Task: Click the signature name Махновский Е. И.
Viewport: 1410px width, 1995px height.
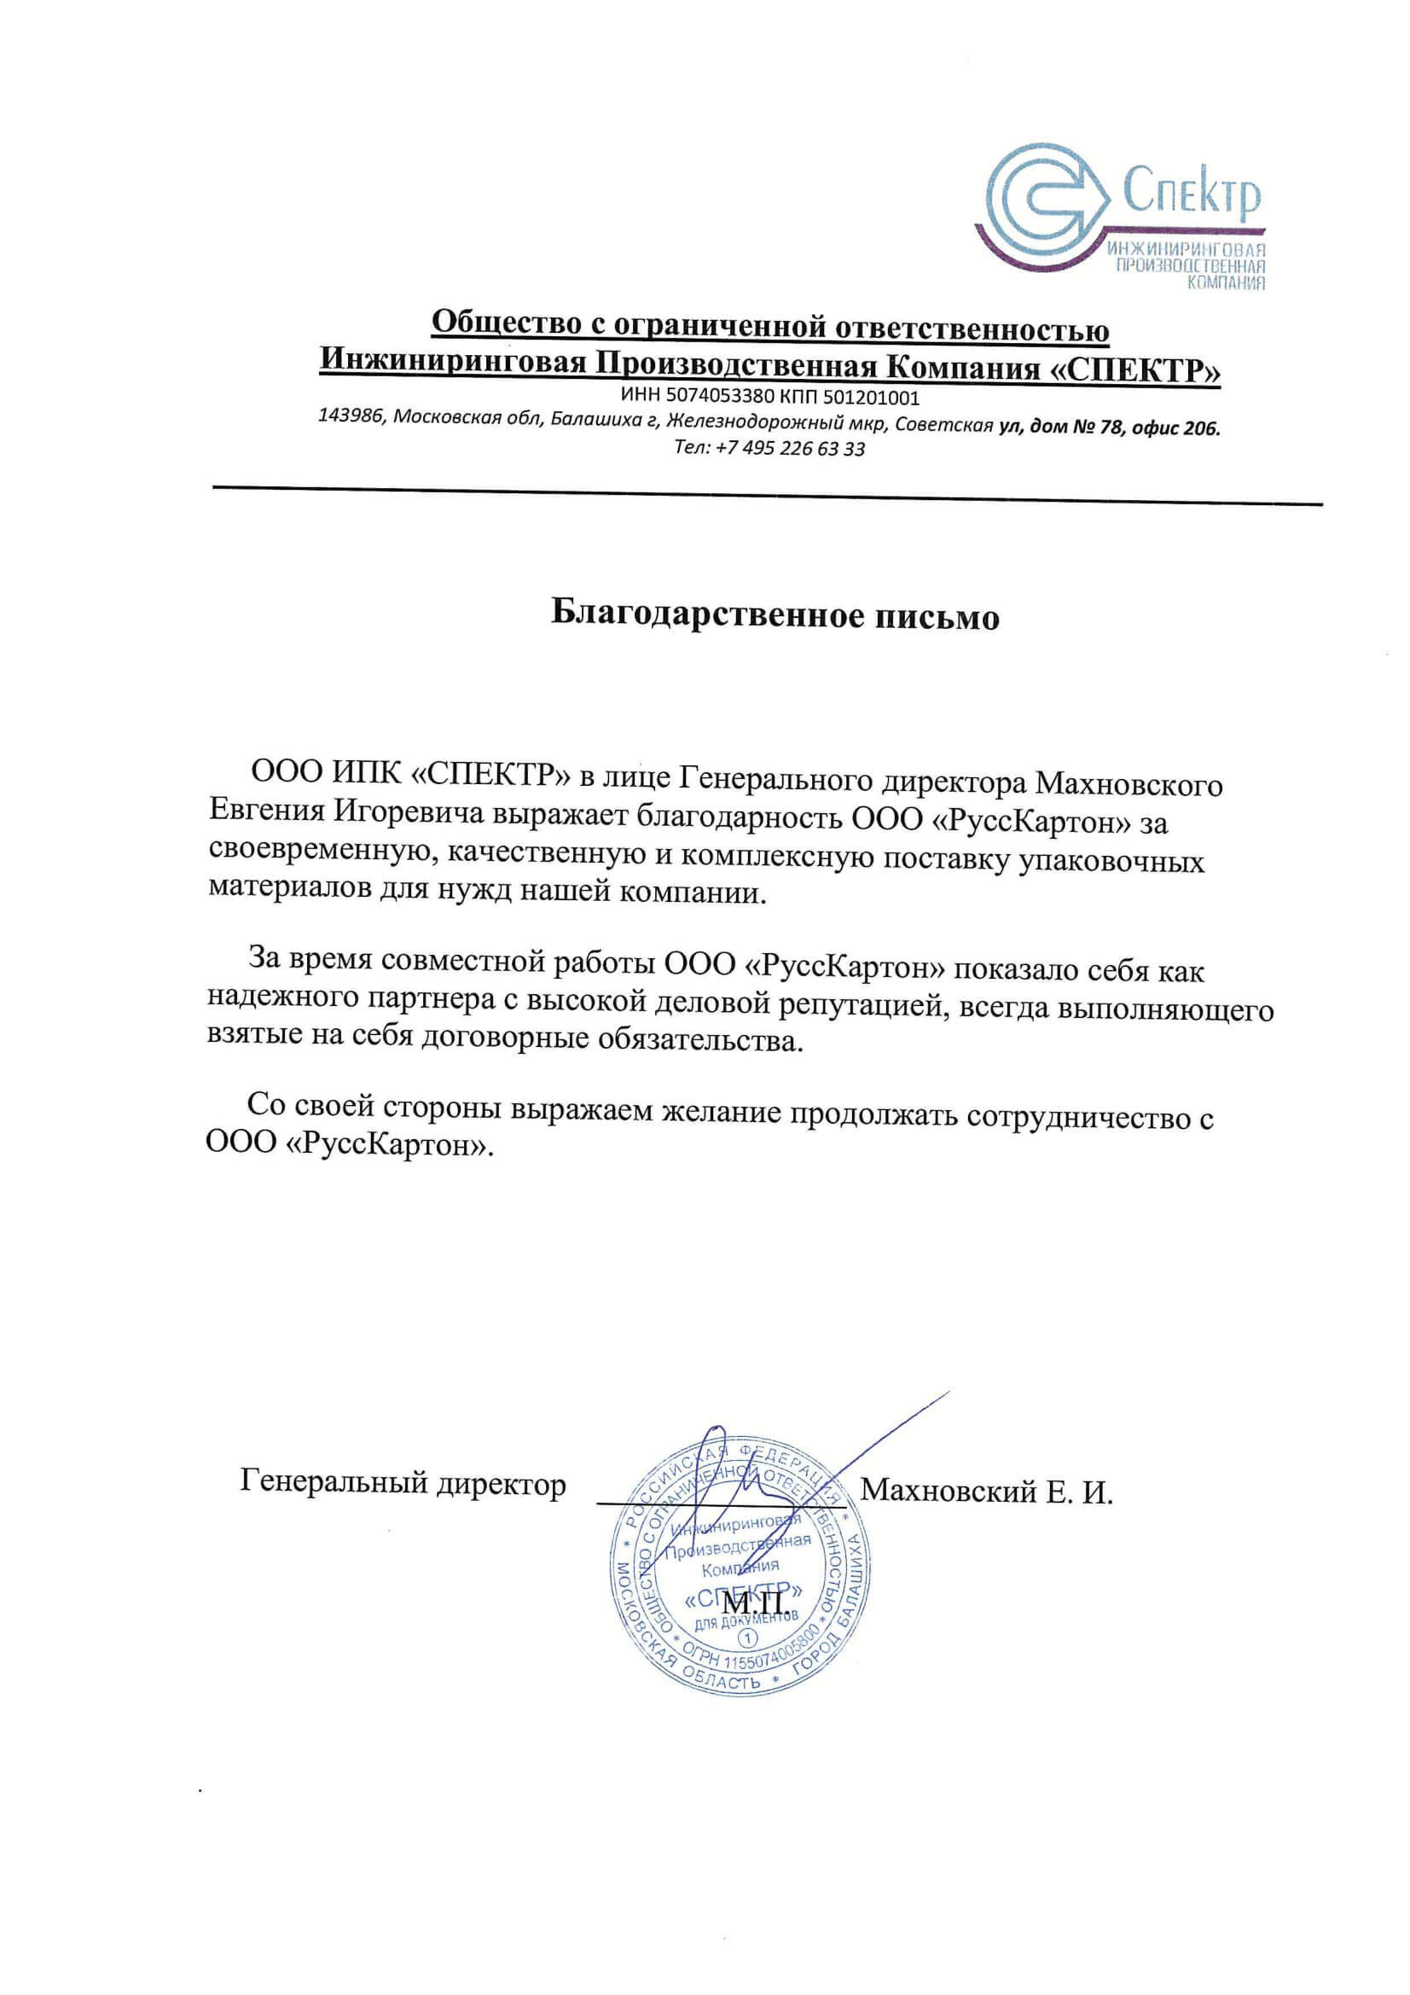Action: pyautogui.click(x=987, y=1492)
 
